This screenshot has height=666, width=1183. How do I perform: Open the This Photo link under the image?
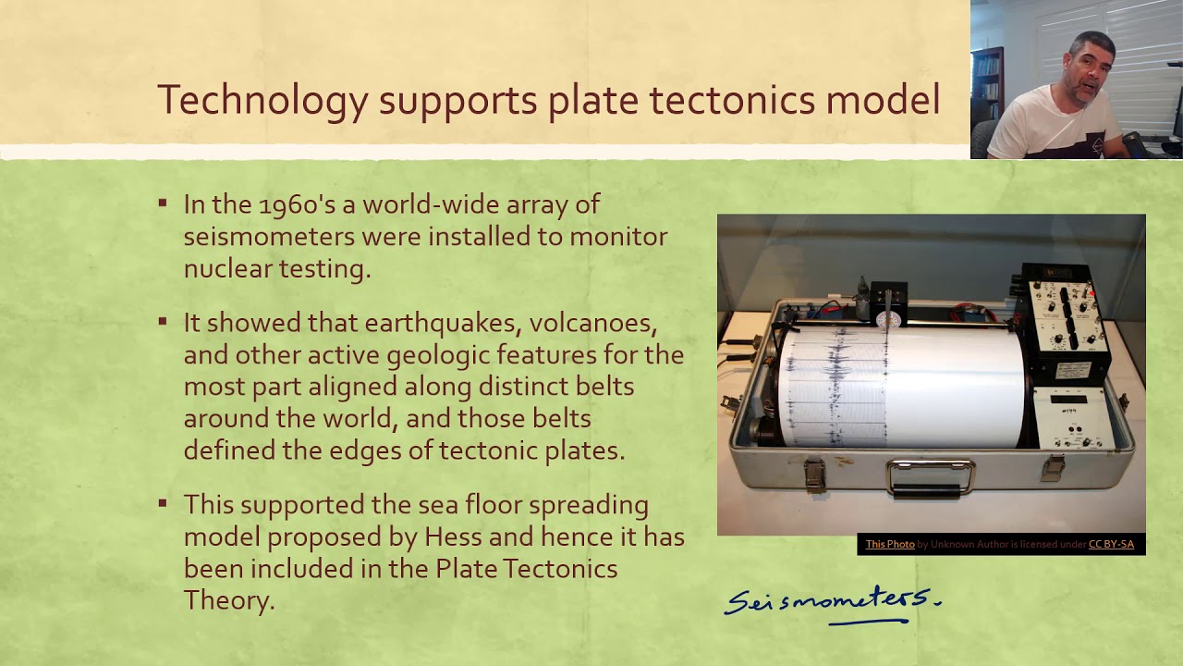tap(889, 544)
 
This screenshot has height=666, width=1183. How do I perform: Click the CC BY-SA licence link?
tap(1111, 544)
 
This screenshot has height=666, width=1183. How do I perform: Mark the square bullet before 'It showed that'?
tap(164, 322)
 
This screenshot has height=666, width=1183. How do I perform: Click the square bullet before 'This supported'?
tap(164, 504)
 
